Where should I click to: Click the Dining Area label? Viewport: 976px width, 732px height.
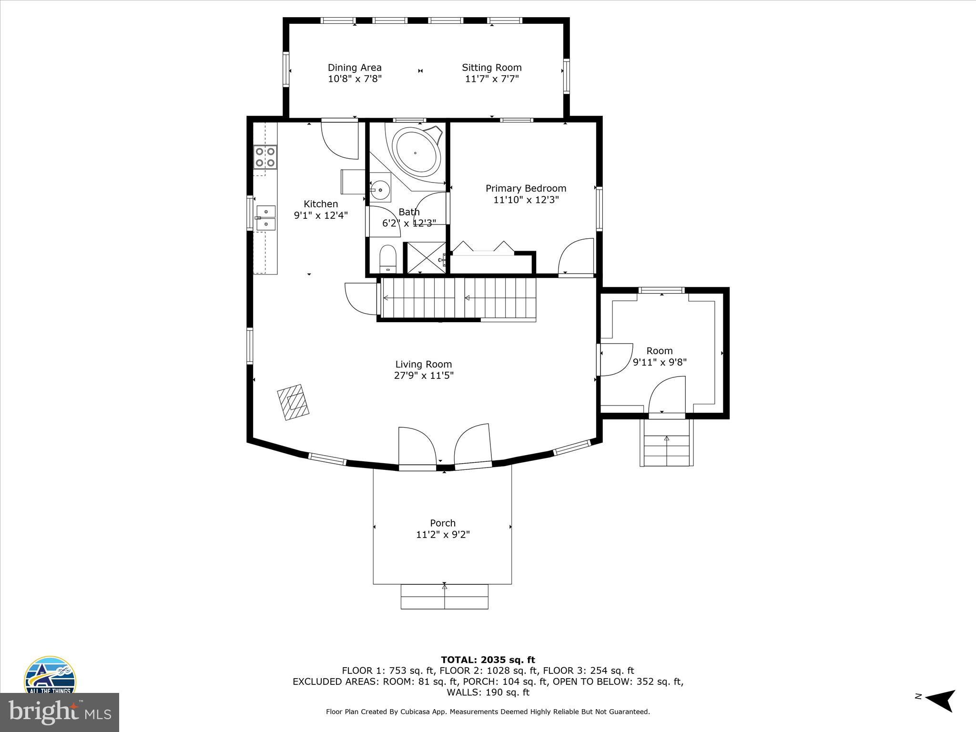click(355, 68)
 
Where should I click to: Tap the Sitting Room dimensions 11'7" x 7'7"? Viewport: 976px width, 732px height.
click(491, 79)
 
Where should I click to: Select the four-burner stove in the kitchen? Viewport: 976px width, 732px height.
click(265, 157)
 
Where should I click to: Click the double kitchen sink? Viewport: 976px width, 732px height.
click(266, 217)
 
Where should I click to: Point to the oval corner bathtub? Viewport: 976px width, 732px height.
click(416, 152)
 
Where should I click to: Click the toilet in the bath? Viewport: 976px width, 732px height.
click(387, 259)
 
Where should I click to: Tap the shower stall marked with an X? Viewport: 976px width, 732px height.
click(424, 258)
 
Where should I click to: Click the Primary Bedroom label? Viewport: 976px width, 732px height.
click(526, 188)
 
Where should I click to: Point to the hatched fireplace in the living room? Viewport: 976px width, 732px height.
click(294, 402)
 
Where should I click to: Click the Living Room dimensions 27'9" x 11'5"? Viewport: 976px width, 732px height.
click(423, 376)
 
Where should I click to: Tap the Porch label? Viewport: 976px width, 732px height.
click(443, 523)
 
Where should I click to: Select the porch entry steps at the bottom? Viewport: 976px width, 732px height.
click(444, 596)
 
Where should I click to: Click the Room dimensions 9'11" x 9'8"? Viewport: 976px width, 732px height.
click(660, 362)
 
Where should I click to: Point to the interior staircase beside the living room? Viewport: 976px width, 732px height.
click(457, 298)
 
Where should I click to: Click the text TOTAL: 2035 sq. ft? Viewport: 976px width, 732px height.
click(488, 660)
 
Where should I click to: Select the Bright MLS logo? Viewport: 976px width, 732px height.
click(60, 712)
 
